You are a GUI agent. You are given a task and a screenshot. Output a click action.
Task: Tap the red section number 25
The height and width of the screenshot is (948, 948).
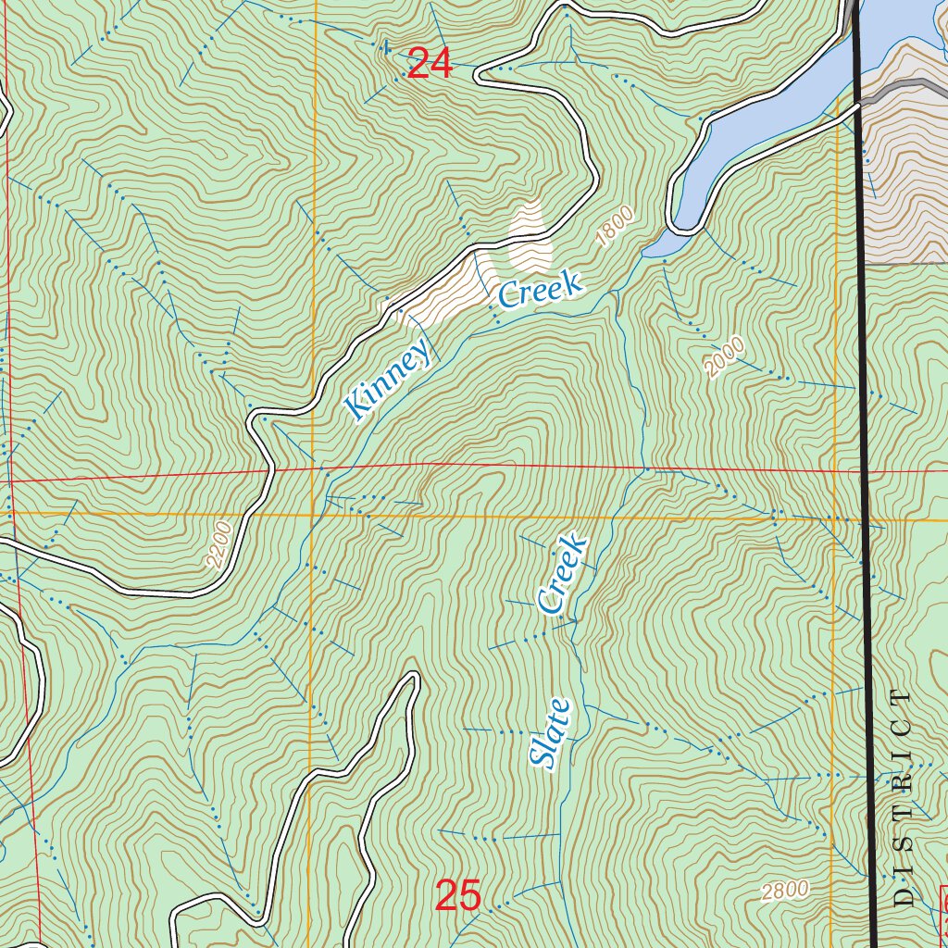pos(458,896)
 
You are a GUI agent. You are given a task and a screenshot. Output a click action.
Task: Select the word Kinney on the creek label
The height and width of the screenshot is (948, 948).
pos(388,380)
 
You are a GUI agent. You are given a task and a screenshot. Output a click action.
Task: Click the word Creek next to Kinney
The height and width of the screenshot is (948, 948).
pos(541,290)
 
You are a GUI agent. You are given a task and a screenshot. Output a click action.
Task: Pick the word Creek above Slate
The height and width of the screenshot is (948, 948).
pos(562,573)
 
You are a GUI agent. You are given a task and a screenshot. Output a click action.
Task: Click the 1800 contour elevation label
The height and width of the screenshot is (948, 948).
pos(617,227)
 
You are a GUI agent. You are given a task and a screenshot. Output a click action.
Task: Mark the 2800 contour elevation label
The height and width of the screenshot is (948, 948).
pos(785,891)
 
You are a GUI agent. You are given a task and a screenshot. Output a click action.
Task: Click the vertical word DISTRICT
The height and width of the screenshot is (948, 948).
pos(904,796)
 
